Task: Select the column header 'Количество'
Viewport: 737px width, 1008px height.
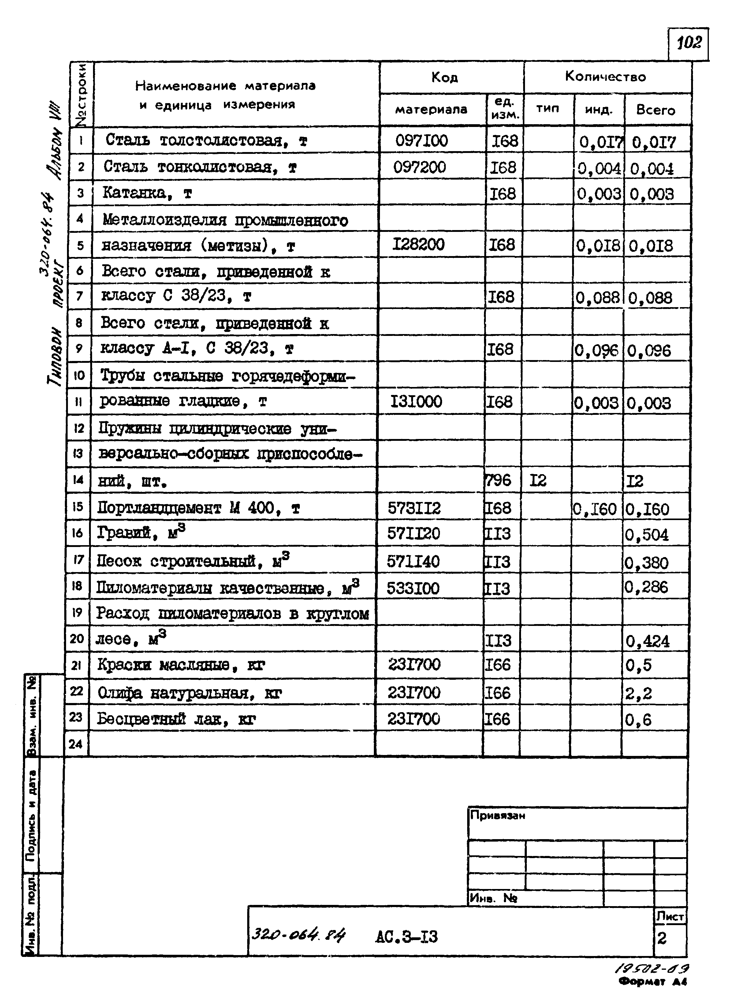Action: point(605,77)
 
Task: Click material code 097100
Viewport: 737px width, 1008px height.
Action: point(421,141)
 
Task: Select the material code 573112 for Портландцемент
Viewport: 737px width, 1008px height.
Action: point(414,508)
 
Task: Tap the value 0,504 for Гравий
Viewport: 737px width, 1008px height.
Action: point(646,535)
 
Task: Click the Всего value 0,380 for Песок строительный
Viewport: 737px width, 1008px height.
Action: point(646,563)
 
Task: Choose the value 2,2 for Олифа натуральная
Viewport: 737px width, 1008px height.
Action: point(638,693)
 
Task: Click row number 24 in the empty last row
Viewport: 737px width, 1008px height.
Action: point(76,744)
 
